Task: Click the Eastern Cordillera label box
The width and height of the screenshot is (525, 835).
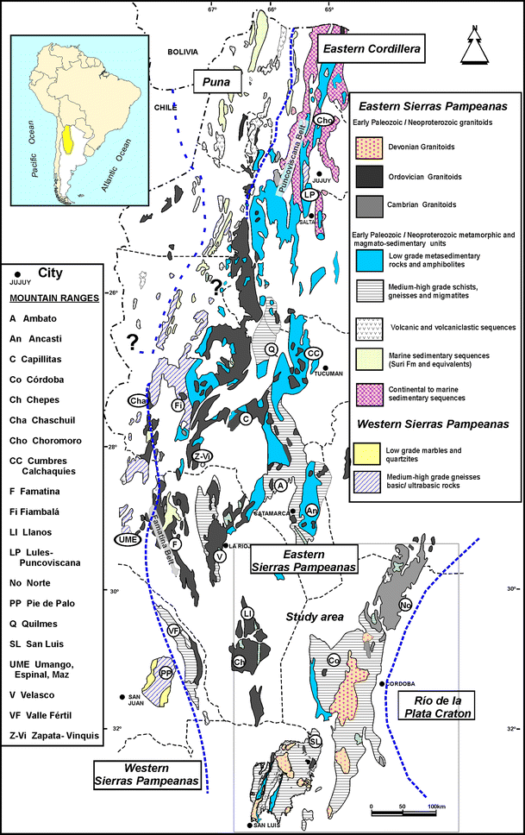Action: pyautogui.click(x=372, y=50)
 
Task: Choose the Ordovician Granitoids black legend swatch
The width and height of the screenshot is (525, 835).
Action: pyautogui.click(x=370, y=177)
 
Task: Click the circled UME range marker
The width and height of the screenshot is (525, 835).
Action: pyautogui.click(x=126, y=539)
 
